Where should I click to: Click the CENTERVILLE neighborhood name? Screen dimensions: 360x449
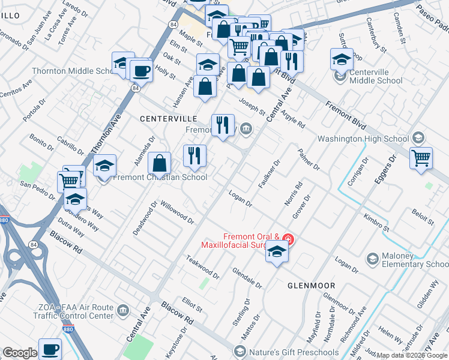169,119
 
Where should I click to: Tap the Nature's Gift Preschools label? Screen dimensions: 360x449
286,350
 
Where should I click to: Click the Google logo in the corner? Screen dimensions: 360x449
20,353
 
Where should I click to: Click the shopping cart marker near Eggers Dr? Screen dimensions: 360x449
421,158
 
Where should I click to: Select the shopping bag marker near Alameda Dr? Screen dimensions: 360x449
160,163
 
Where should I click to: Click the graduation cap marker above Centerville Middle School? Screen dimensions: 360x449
342,59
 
